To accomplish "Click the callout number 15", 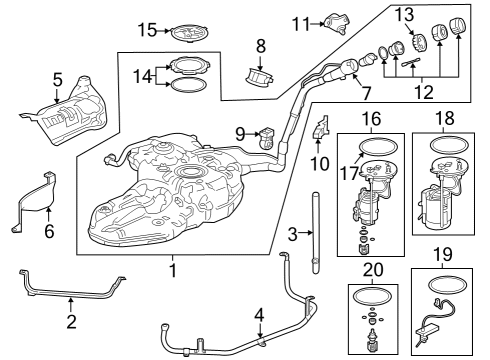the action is pyautogui.click(x=147, y=30).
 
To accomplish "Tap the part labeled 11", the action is pyautogui.click(x=337, y=23).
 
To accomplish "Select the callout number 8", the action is pyautogui.click(x=261, y=46).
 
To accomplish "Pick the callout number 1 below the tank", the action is pyautogui.click(x=173, y=270).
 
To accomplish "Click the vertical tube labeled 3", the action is pyautogui.click(x=316, y=233).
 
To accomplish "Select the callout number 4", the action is pyautogui.click(x=259, y=315).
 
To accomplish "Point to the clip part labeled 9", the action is pyautogui.click(x=267, y=138).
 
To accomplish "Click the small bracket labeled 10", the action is pyautogui.click(x=321, y=128).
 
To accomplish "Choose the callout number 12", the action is pyautogui.click(x=424, y=92).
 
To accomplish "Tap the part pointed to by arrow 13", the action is pyautogui.click(x=419, y=43).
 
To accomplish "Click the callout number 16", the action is pyautogui.click(x=371, y=118).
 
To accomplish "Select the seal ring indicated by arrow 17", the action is pyautogui.click(x=379, y=147).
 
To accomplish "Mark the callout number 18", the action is pyautogui.click(x=445, y=118).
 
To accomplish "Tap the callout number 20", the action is pyautogui.click(x=373, y=270).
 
